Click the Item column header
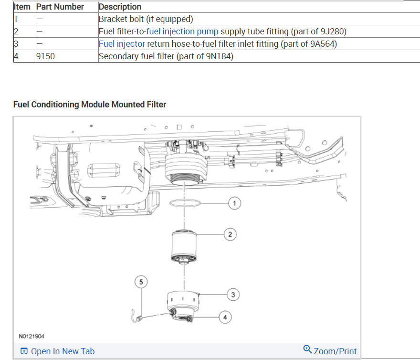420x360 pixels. [x=22, y=7]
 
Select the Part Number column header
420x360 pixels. [x=60, y=7]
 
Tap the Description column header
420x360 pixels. [x=120, y=7]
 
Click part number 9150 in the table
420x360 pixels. [x=45, y=56]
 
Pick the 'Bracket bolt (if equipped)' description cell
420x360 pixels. [x=146, y=19]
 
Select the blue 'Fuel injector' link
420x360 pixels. [x=122, y=44]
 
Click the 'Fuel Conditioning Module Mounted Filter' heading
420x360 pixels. [x=90, y=104]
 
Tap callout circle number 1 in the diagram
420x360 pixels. [x=234, y=204]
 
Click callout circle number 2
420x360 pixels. [x=230, y=234]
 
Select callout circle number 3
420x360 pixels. [x=233, y=295]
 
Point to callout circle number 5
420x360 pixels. [x=141, y=282]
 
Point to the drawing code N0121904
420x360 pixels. [x=31, y=337]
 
